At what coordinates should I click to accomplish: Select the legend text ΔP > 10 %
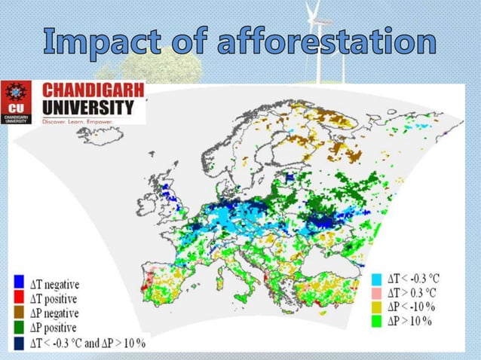(x=418, y=322)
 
